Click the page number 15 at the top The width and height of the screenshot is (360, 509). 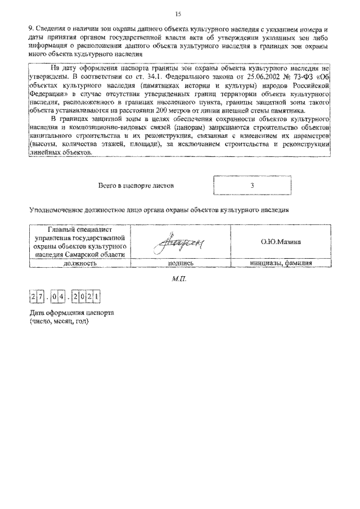(x=178, y=13)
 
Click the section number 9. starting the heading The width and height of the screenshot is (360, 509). (x=31, y=28)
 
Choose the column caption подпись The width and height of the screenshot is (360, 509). (x=181, y=262)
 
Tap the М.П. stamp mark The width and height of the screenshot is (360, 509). (x=179, y=279)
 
